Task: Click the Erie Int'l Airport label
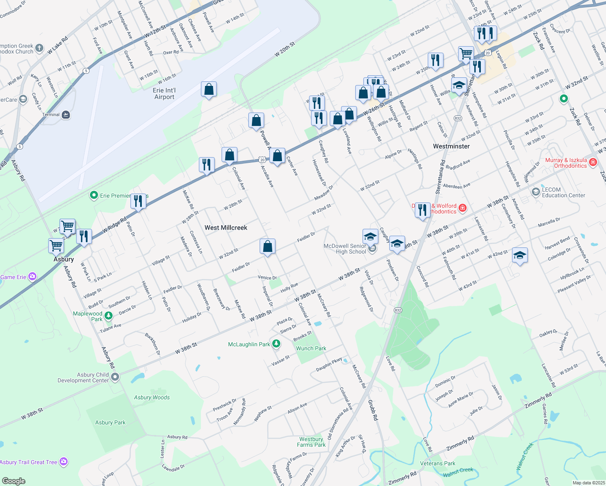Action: click(164, 94)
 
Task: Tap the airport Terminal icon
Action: click(66, 115)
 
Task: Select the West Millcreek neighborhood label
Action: click(226, 228)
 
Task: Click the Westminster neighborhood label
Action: click(451, 146)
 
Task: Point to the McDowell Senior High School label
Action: click(345, 249)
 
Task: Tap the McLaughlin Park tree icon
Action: click(276, 344)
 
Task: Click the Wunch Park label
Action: click(311, 348)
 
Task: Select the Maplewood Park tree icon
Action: click(108, 315)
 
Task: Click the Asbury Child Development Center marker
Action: click(115, 377)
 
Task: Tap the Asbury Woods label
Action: click(152, 398)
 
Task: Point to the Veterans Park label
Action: click(437, 463)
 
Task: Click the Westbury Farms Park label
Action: click(311, 442)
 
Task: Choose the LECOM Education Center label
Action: click(563, 192)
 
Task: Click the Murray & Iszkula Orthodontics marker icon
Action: click(593, 162)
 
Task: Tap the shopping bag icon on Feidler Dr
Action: click(267, 246)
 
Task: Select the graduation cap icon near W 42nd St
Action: click(520, 256)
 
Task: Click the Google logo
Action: click(14, 481)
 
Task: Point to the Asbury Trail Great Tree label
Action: click(28, 462)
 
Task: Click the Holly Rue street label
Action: click(289, 288)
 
